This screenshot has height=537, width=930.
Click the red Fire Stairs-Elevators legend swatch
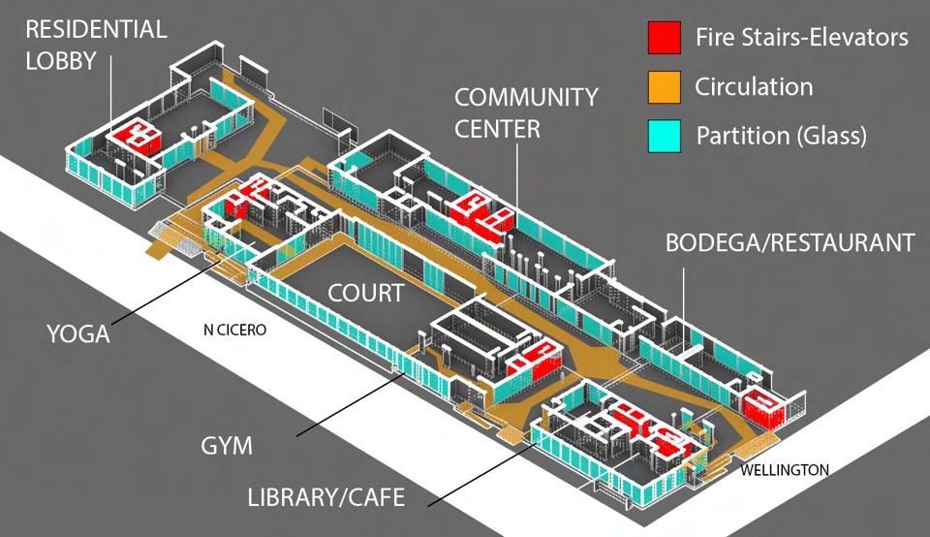point(665,39)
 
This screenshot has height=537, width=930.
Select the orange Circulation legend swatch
point(665,87)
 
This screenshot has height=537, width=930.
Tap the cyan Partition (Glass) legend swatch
point(665,135)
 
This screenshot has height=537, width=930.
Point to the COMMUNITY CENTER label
point(526,112)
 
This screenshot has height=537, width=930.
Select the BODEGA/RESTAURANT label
point(790,242)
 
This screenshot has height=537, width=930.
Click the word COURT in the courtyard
point(365,293)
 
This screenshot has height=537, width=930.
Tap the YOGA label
point(78,335)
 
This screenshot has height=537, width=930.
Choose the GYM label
point(226,446)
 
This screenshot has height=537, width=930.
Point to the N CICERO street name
point(234,330)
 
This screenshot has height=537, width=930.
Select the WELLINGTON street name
point(785,470)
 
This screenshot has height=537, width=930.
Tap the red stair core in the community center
point(480,211)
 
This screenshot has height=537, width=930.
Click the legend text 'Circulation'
point(754,87)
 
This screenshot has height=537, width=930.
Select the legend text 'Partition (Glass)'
point(780,135)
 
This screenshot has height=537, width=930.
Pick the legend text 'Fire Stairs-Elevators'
point(801,39)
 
